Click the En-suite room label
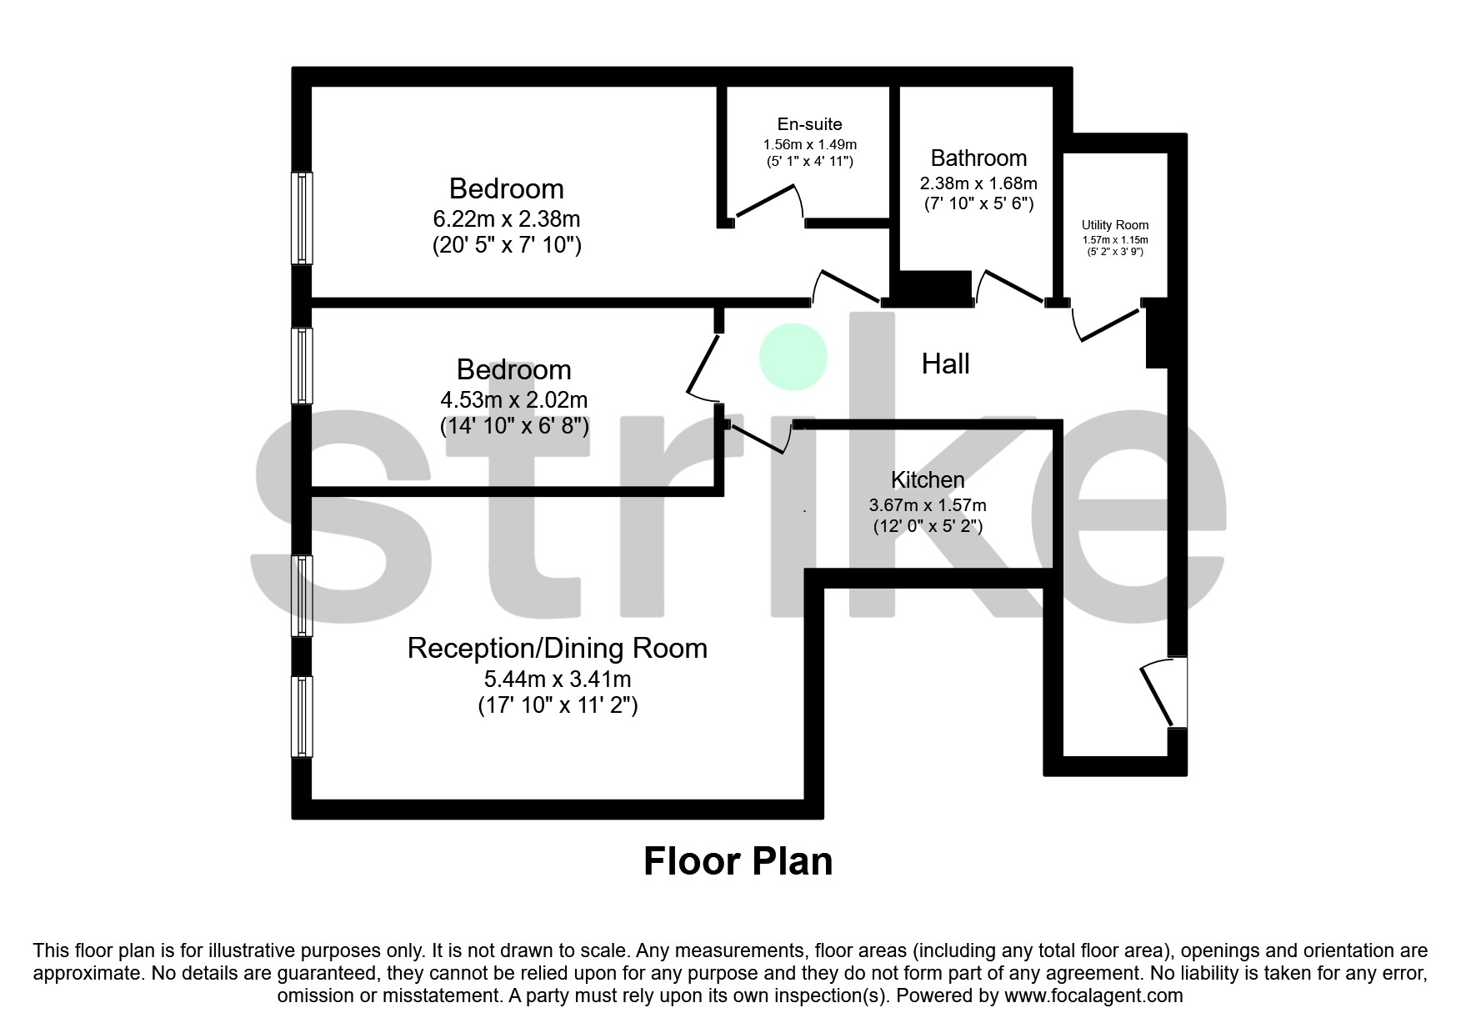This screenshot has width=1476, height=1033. [809, 124]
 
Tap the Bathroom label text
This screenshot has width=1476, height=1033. [978, 158]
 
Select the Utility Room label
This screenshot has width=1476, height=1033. [1114, 225]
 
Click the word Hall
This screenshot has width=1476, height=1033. [945, 364]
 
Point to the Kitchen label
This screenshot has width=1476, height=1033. [927, 480]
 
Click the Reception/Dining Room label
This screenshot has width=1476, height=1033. [557, 649]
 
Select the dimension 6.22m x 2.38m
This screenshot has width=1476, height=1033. [506, 219]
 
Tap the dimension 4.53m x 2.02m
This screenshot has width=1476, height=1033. [513, 400]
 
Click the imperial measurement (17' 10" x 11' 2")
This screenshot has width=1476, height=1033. [557, 706]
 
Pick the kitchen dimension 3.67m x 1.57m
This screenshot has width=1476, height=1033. [927, 505]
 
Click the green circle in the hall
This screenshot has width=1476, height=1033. [793, 357]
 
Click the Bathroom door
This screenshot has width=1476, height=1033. [1010, 284]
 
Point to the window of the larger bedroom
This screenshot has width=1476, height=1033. [302, 218]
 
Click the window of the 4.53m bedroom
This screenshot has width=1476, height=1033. [302, 365]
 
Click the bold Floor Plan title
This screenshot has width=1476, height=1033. [738, 861]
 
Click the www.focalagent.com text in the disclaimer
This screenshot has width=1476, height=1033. [1093, 995]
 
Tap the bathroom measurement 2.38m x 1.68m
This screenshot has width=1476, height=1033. [978, 183]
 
